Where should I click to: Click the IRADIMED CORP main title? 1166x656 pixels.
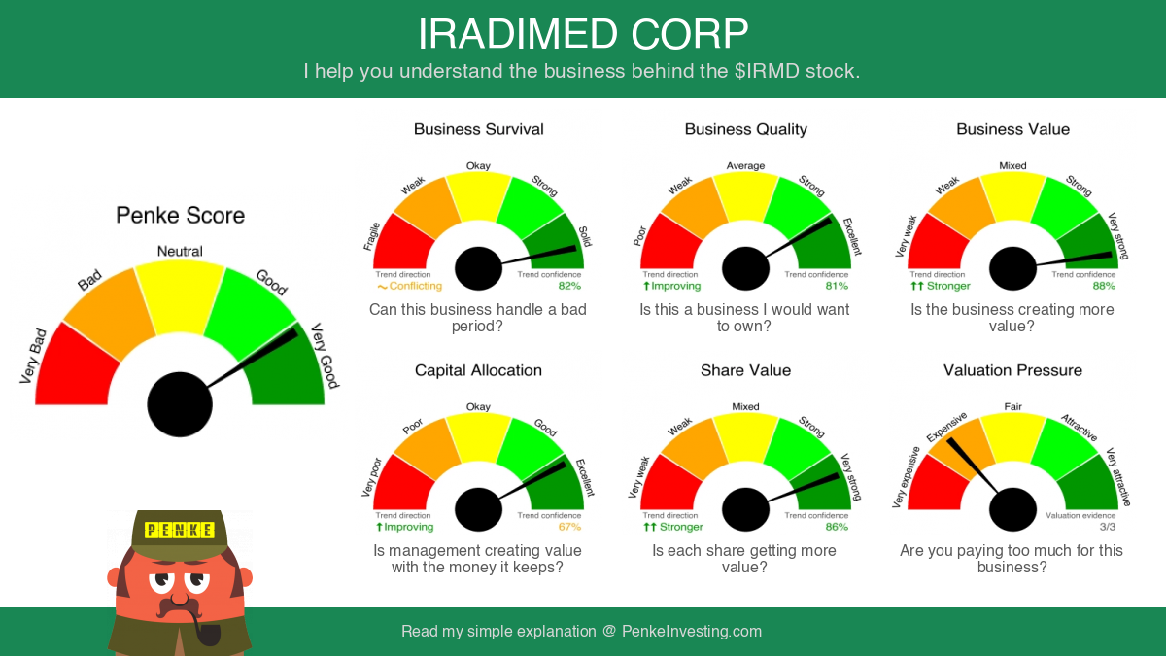pyautogui.click(x=583, y=34)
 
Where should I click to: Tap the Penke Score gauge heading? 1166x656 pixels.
pyautogui.click(x=180, y=215)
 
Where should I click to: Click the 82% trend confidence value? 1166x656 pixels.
pyautogui.click(x=569, y=286)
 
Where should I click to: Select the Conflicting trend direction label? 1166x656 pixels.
pyautogui.click(x=410, y=286)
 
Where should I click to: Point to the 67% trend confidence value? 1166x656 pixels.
pyautogui.click(x=569, y=527)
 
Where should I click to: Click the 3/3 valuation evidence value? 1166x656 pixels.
pyautogui.click(x=1108, y=527)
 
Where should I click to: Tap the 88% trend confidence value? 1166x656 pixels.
pyautogui.click(x=1104, y=286)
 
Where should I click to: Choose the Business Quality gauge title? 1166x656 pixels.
pyautogui.click(x=746, y=129)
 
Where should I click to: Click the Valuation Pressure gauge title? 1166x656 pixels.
pyautogui.click(x=1012, y=370)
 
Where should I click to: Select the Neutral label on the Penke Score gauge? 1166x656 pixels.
pyautogui.click(x=180, y=252)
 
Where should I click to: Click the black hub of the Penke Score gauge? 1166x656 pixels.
pyautogui.click(x=180, y=404)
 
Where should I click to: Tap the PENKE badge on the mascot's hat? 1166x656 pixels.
pyautogui.click(x=179, y=531)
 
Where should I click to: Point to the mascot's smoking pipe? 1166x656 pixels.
pyautogui.click(x=205, y=629)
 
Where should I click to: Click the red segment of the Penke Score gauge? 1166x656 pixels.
pyautogui.click(x=73, y=367)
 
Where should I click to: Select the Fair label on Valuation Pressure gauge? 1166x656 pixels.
pyautogui.click(x=1012, y=406)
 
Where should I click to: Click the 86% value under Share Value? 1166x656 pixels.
pyautogui.click(x=837, y=527)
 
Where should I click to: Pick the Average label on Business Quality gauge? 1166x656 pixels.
pyautogui.click(x=746, y=165)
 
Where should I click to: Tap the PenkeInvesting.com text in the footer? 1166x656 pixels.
pyautogui.click(x=692, y=632)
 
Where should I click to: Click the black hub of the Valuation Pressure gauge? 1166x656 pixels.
pyautogui.click(x=1012, y=509)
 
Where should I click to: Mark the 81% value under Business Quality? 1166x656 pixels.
pyautogui.click(x=837, y=286)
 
